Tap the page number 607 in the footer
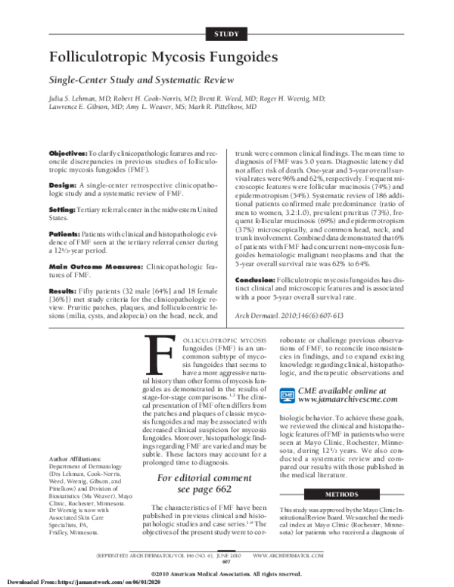227,561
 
